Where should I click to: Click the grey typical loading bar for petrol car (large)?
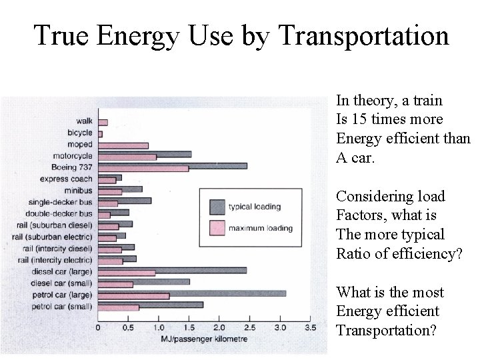click(x=192, y=293)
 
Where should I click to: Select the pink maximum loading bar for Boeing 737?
click(x=143, y=169)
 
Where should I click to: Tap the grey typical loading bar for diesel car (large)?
click(x=172, y=270)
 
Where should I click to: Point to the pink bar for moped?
click(x=123, y=145)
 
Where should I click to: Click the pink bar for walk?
click(x=103, y=122)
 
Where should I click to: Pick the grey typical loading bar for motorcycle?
click(x=145, y=154)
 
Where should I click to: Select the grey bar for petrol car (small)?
click(x=151, y=305)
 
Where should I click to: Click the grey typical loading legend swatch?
click(x=215, y=206)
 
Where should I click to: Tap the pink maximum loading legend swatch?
click(x=215, y=228)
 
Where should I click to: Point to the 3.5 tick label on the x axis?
click(x=309, y=327)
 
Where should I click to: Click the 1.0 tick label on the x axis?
click(x=159, y=327)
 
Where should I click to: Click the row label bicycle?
click(x=80, y=133)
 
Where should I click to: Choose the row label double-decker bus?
click(x=60, y=213)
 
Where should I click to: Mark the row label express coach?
click(x=66, y=179)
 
